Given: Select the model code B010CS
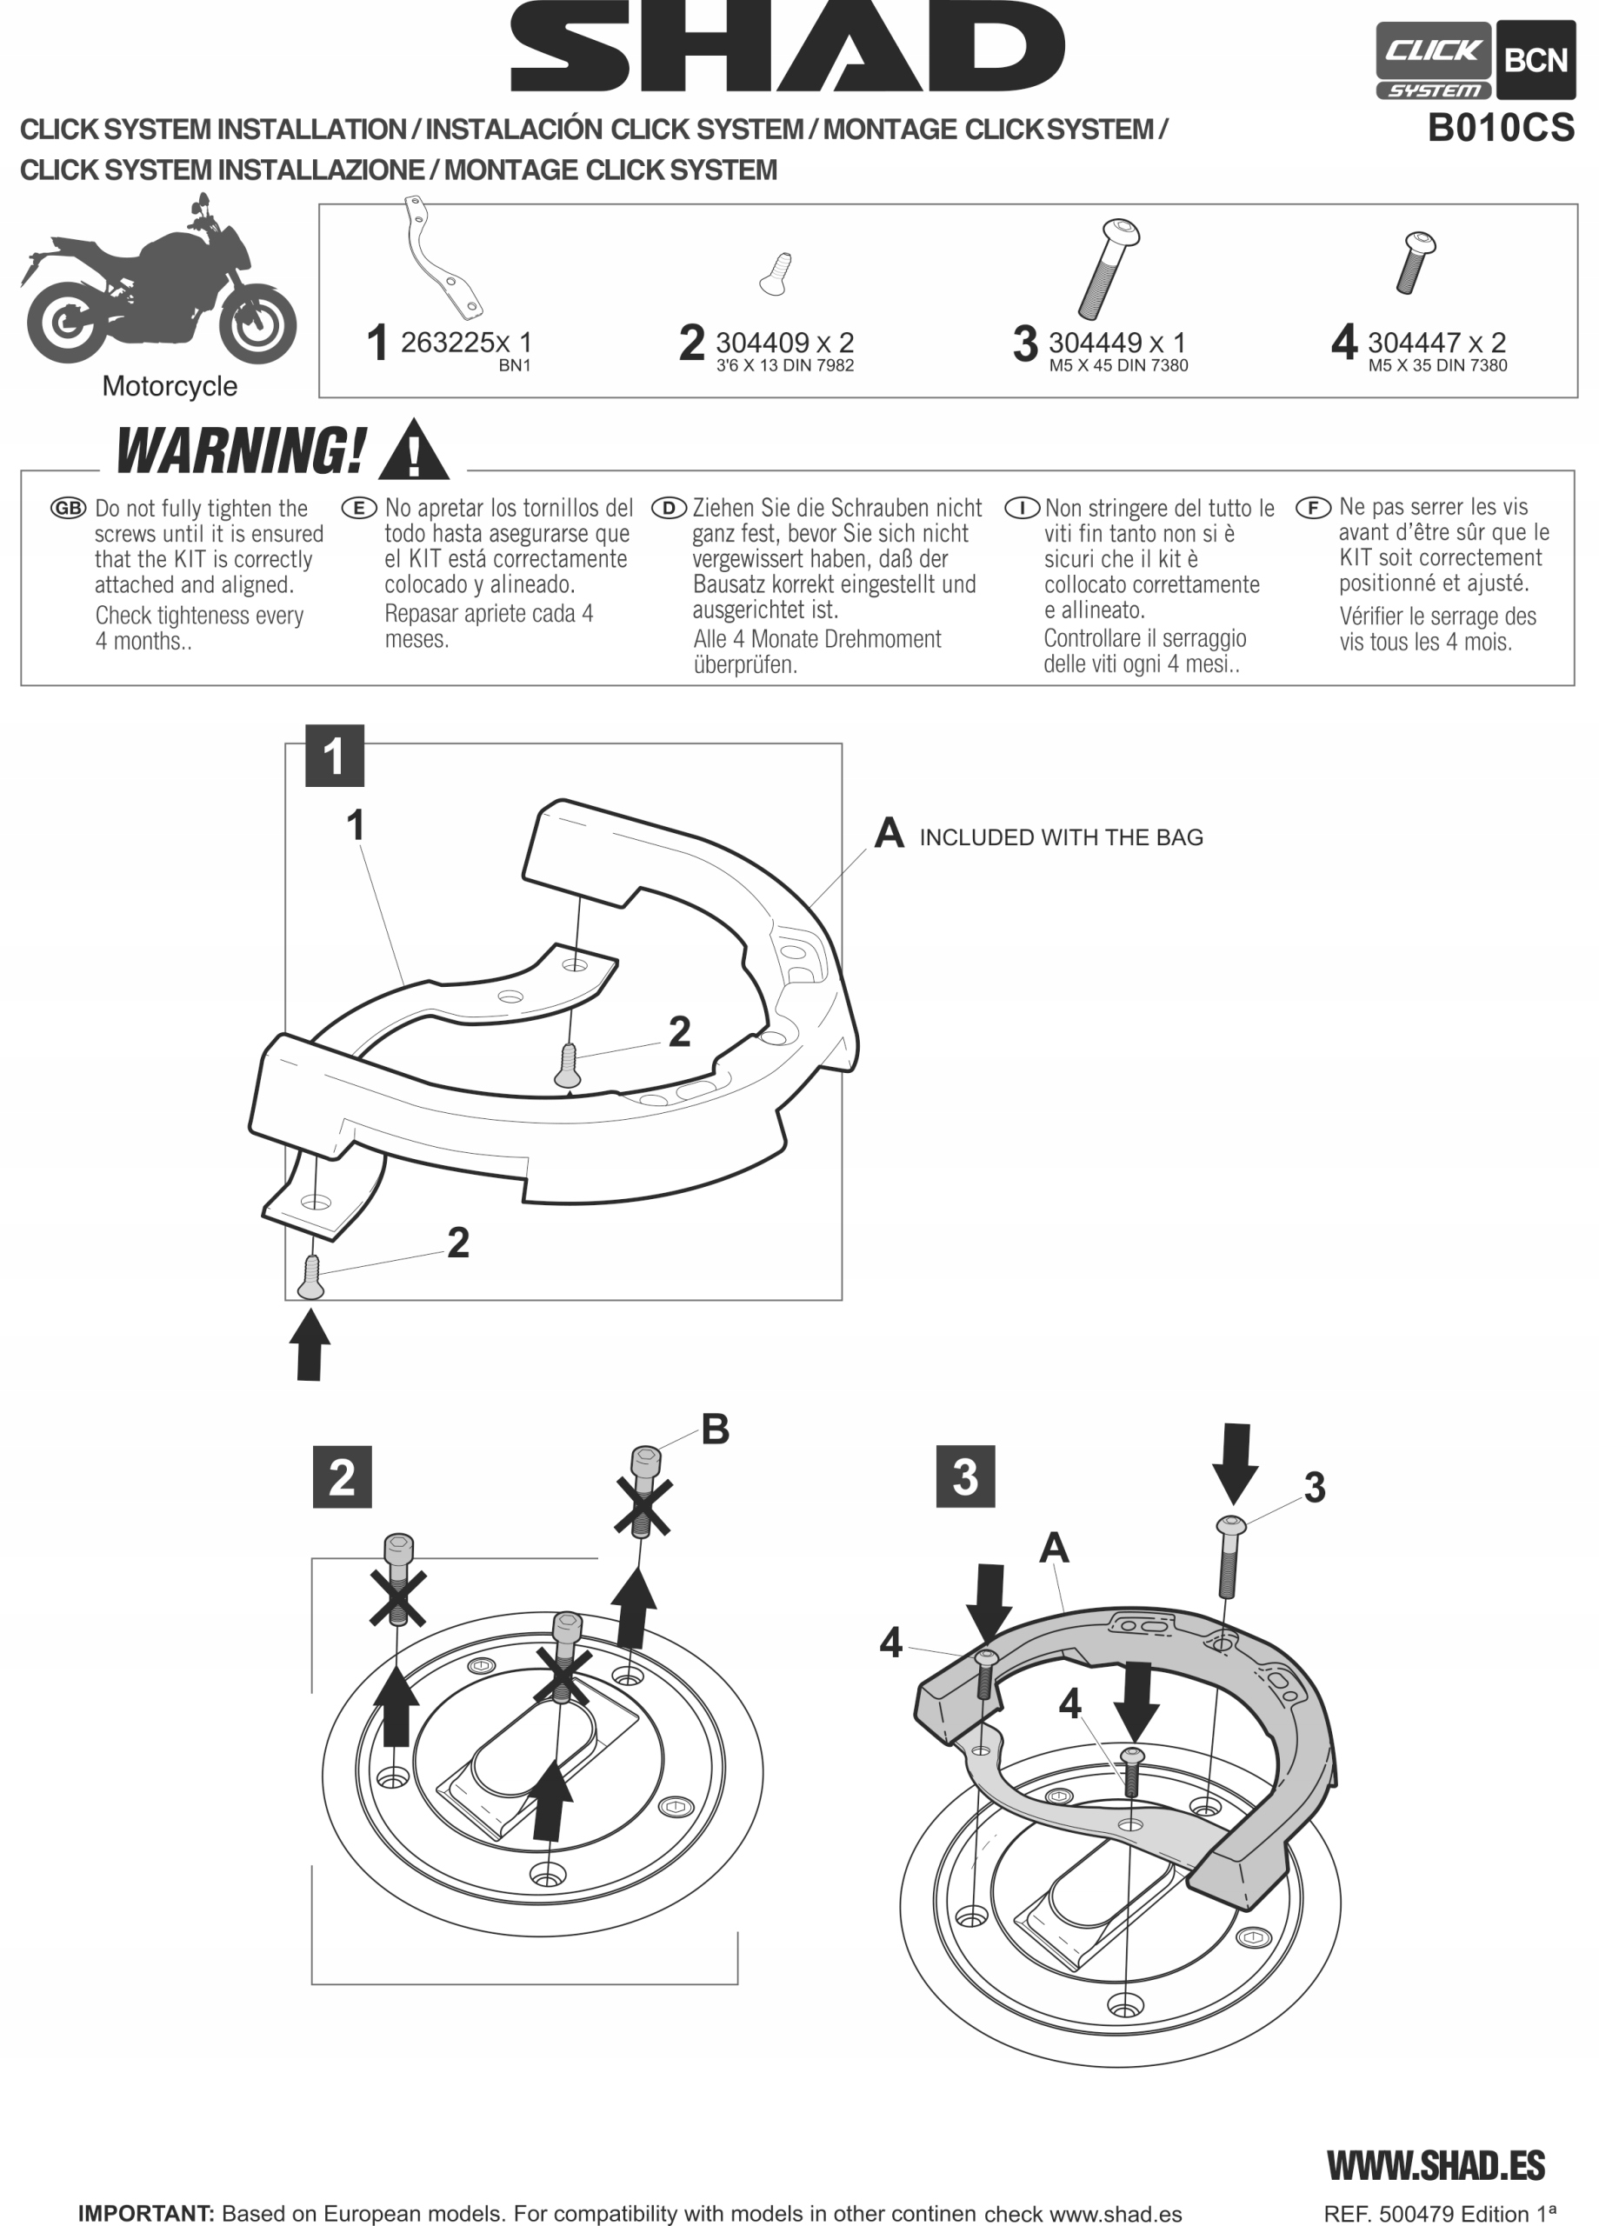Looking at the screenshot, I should click(x=1501, y=129).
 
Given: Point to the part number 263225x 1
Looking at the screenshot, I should click(x=465, y=343).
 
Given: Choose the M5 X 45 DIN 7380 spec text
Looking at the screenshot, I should click(x=1118, y=366).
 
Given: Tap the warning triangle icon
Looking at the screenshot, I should click(x=413, y=451).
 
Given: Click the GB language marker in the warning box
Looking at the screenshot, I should click(x=69, y=509).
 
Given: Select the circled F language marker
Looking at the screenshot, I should click(x=1313, y=508).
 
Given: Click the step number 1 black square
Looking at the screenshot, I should click(x=334, y=756).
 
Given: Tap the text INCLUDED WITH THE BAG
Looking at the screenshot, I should click(x=1060, y=837).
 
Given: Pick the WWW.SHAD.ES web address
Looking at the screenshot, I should click(x=1436, y=2165).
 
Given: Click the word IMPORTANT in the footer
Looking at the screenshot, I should click(x=145, y=2213).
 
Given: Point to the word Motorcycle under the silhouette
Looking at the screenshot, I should click(x=170, y=387).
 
